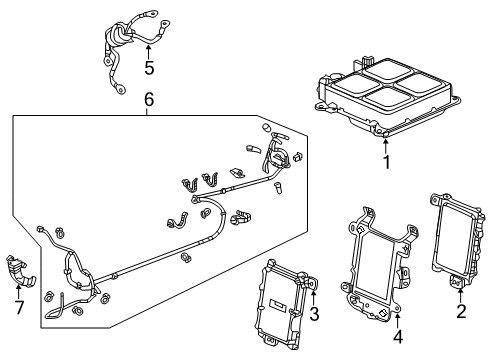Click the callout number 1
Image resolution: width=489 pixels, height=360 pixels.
coord(386,160)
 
